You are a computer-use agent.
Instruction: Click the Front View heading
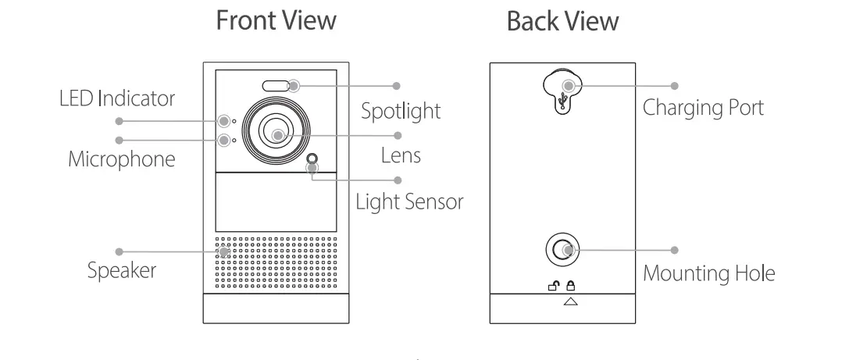coord(276,21)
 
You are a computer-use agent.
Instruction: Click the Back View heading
coord(562,21)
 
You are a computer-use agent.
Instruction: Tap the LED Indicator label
coord(117,99)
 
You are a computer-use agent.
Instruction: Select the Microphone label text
coord(121,159)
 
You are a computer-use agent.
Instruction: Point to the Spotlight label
coord(400,111)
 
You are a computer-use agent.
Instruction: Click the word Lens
coord(401,155)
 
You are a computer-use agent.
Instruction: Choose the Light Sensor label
coord(409,201)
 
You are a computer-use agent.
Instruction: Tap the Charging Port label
coord(703,107)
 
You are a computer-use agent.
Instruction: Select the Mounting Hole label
coord(708,273)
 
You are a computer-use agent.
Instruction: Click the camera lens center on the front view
coord(277,134)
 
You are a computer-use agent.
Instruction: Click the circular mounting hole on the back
coord(561,250)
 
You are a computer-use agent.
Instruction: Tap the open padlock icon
coord(554,287)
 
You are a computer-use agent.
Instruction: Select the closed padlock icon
coord(570,287)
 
